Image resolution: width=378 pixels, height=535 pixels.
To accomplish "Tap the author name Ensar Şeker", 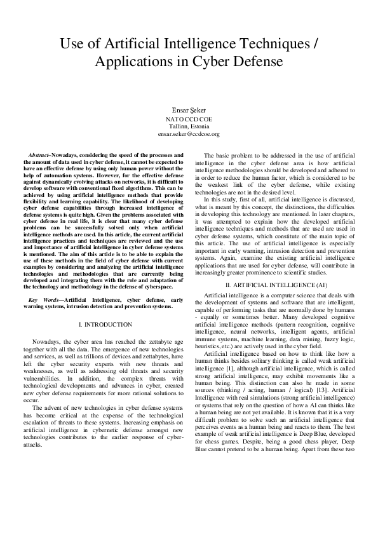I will pyautogui.click(x=188, y=111).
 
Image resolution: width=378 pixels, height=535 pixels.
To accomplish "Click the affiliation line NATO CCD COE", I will pyautogui.click(x=189, y=119).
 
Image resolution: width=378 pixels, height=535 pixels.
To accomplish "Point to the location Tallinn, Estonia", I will pyautogui.click(x=189, y=126).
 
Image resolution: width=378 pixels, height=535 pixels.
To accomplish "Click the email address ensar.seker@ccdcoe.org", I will pyautogui.click(x=189, y=134).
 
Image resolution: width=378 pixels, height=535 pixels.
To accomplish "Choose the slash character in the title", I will pyautogui.click(x=314, y=44).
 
